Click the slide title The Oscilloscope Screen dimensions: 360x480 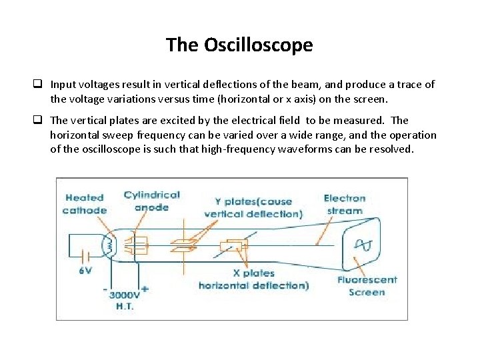pyautogui.click(x=239, y=45)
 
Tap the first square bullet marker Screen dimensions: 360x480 pyautogui.click(x=39, y=85)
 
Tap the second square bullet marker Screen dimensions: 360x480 pyautogui.click(x=39, y=120)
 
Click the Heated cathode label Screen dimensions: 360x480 pyautogui.click(x=85, y=203)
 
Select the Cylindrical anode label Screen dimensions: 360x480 pyautogui.click(x=152, y=201)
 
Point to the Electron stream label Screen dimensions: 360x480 pyautogui.click(x=344, y=204)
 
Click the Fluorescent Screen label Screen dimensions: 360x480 pyautogui.click(x=367, y=286)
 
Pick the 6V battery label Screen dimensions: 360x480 pyautogui.click(x=86, y=271)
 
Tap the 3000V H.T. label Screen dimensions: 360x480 pyautogui.click(x=125, y=299)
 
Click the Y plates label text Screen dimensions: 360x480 pyautogui.click(x=253, y=207)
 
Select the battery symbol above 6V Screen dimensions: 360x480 pyautogui.click(x=85, y=256)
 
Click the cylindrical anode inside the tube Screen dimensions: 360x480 pyautogui.click(x=139, y=244)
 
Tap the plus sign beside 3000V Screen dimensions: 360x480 pyautogui.click(x=145, y=290)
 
